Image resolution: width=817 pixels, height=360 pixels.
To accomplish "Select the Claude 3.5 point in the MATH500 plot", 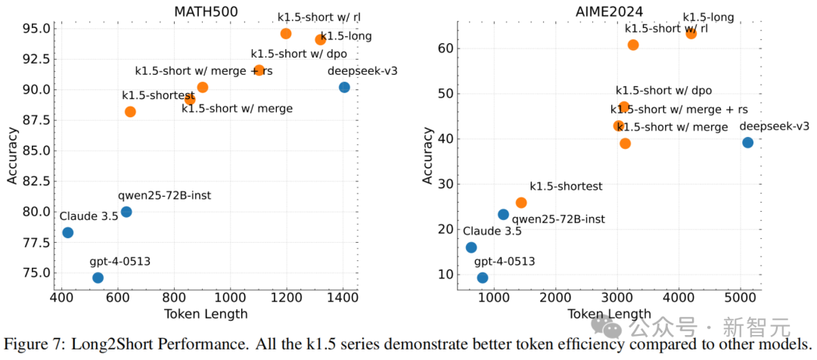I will click(x=67, y=232).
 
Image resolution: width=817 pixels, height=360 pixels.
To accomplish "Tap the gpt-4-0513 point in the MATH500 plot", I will click(x=98, y=278).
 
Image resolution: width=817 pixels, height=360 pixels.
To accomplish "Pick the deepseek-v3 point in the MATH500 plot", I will click(x=344, y=87).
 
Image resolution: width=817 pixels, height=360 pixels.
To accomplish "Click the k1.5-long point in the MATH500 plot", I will click(x=320, y=39).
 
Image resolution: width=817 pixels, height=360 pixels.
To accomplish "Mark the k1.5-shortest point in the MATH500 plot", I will click(x=130, y=111).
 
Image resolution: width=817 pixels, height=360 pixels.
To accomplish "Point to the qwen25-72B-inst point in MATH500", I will click(x=126, y=212).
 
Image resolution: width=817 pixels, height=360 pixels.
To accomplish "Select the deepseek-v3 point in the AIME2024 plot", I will click(x=747, y=142).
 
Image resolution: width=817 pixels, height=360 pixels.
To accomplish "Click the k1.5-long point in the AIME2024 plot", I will click(x=691, y=33).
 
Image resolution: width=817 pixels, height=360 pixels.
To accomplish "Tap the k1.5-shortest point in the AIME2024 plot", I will click(x=520, y=203).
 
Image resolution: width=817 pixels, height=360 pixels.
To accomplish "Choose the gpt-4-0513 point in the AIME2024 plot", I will click(x=483, y=278).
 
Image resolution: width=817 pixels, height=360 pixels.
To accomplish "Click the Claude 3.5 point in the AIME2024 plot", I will click(x=471, y=247).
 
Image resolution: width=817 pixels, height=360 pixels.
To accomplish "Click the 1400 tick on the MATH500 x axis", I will click(x=343, y=299).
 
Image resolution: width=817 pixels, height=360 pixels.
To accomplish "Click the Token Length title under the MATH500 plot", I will click(x=207, y=314).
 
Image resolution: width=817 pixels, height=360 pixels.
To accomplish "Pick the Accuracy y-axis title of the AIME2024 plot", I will click(x=428, y=156).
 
